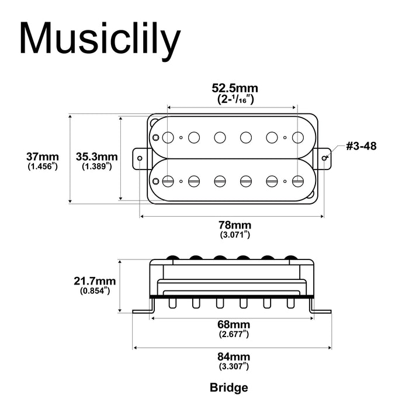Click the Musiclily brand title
[98, 39]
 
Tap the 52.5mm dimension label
[234, 88]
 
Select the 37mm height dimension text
[42, 157]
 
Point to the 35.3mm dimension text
[97, 157]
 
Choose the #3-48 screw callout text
[361, 146]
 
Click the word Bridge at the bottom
[228, 387]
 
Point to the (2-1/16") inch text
[234, 99]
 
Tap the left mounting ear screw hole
[141, 157]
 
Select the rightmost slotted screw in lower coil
[299, 181]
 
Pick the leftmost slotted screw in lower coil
[168, 181]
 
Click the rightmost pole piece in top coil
[299, 137]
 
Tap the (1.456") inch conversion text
[42, 167]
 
